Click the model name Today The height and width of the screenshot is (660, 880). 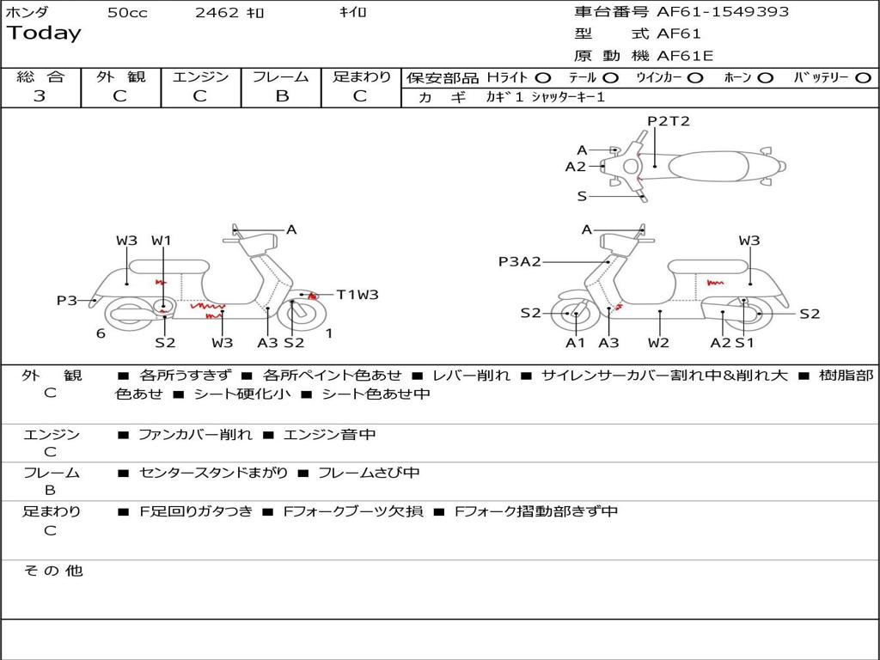44,34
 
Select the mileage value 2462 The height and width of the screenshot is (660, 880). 218,13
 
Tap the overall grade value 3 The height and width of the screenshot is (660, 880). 40,96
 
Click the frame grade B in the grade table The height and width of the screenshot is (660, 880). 281,96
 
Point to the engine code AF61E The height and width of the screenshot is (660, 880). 685,57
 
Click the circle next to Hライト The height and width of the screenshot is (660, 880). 543,78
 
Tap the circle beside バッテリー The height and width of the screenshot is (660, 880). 863,78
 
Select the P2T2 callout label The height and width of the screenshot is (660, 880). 669,121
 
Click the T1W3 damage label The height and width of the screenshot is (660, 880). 357,295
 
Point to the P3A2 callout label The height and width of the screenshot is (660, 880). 520,262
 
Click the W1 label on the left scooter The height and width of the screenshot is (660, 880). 162,241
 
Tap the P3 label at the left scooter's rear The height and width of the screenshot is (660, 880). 67,300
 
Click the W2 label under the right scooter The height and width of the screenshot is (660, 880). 659,343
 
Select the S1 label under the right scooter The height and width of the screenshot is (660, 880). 743,343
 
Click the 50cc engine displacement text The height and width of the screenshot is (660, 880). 127,13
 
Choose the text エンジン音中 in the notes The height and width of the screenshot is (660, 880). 329,435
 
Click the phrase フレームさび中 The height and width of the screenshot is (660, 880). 369,473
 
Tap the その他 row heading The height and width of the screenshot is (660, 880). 53,571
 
